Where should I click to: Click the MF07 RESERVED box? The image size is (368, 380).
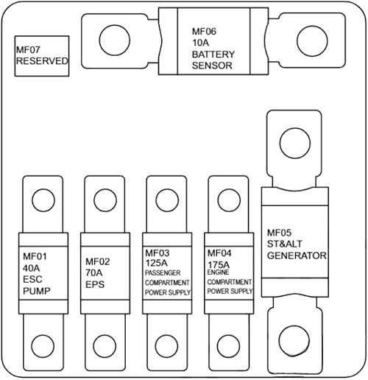(x=42, y=55)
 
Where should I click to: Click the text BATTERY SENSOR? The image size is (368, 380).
(x=213, y=60)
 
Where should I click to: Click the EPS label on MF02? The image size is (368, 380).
(x=95, y=284)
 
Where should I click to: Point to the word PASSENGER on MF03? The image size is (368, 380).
(x=166, y=272)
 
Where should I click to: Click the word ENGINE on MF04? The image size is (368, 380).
(x=218, y=272)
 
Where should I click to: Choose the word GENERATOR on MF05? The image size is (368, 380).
(x=296, y=256)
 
